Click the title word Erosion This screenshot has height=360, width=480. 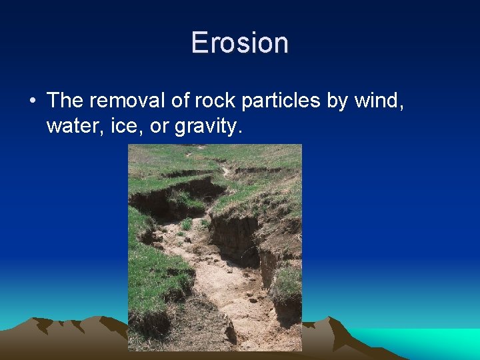239,43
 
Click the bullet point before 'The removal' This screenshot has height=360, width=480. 32,101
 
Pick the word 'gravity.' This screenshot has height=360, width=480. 206,127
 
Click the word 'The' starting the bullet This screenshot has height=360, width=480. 65,101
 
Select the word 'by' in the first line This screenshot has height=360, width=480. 337,101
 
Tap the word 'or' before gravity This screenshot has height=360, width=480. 159,127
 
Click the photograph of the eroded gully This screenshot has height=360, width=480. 215,247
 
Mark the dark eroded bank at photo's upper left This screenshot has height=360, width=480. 160,200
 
